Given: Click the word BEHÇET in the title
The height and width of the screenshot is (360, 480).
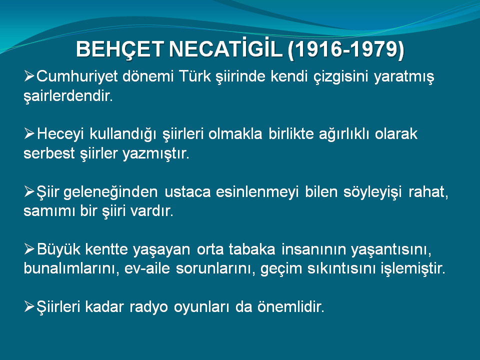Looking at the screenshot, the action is (x=119, y=49).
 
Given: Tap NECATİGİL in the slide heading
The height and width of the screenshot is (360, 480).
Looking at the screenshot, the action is (x=225, y=48).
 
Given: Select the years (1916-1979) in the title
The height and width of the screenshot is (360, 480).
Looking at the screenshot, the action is (x=346, y=49).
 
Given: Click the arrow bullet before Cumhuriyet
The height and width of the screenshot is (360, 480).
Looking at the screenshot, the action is (x=29, y=75).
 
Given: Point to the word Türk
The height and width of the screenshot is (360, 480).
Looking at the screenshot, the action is (x=194, y=76).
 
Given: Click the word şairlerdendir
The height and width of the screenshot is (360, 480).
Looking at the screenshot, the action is (x=68, y=96).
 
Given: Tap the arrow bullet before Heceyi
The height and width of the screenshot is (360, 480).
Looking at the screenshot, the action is (x=29, y=133).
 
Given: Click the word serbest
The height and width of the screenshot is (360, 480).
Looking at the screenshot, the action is (x=49, y=153).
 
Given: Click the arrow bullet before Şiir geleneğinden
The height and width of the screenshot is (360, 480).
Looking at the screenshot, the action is (x=29, y=191).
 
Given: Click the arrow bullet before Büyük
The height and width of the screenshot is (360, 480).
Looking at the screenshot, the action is (x=29, y=248).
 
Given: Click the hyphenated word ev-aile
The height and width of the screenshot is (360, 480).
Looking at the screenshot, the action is (x=147, y=268).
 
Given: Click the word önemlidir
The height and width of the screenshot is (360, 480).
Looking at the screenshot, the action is (x=290, y=306).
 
